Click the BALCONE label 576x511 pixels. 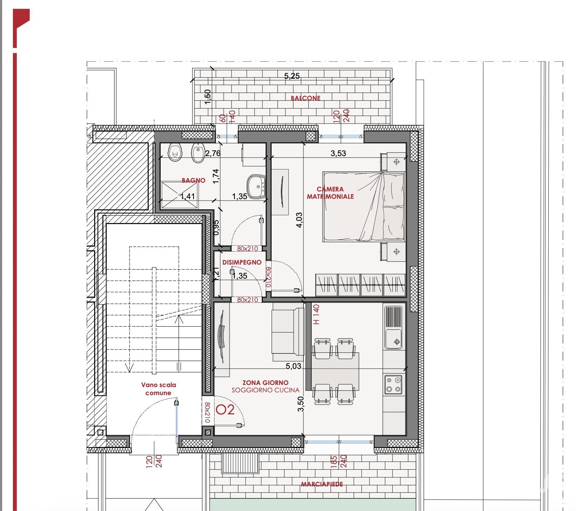click(x=305, y=98)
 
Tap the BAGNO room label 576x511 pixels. click(x=194, y=180)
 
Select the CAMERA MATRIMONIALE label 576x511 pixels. click(x=330, y=193)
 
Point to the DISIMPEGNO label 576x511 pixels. click(x=242, y=262)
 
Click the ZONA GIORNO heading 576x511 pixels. click(x=266, y=383)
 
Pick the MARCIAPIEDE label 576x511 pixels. click(x=322, y=484)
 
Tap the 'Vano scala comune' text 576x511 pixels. click(x=159, y=389)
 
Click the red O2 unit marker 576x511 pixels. click(x=225, y=409)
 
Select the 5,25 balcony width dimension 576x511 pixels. click(x=292, y=76)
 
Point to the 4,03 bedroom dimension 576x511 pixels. click(x=299, y=220)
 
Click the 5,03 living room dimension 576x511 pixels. click(x=293, y=366)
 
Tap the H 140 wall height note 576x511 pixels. click(x=316, y=314)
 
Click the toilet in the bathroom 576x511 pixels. click(x=175, y=152)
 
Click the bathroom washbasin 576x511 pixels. click(x=257, y=186)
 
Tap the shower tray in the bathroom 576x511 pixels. click(x=180, y=195)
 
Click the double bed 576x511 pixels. click(x=364, y=206)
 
